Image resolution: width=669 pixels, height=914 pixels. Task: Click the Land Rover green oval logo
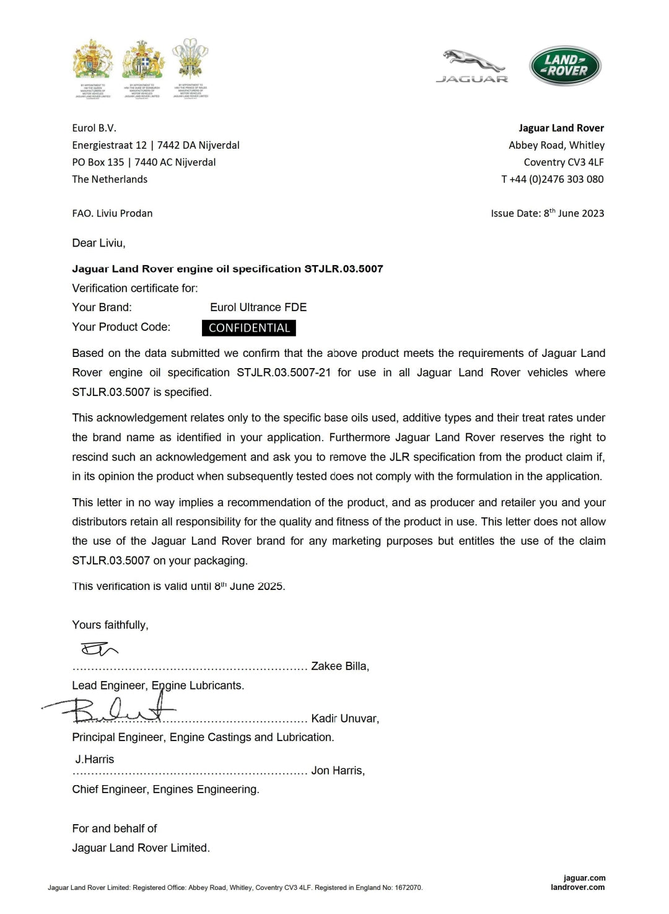point(565,66)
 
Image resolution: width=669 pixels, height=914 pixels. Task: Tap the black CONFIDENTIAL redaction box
point(249,328)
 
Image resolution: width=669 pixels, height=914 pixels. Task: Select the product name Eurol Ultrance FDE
point(258,307)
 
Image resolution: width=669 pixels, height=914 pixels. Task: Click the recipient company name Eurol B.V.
point(94,128)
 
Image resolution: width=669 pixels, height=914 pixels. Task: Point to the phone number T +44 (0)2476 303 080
point(553,179)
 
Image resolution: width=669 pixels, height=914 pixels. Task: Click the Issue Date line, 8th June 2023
point(548,213)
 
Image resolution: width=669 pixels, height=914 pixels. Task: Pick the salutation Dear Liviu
point(98,243)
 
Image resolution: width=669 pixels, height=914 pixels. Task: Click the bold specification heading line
point(227,269)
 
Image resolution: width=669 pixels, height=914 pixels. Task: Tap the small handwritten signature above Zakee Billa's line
point(98,649)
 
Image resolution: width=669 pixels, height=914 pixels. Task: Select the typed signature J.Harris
point(95,759)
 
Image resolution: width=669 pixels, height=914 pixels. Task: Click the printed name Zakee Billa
point(339,666)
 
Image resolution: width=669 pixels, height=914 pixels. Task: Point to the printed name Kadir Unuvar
point(344,718)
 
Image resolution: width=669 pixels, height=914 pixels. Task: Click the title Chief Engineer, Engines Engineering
point(165,789)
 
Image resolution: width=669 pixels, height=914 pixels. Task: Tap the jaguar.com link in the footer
point(584,877)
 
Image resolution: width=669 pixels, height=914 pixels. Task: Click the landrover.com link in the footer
point(577,887)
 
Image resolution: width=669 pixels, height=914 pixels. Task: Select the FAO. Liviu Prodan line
point(112,213)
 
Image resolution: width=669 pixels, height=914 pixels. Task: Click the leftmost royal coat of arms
point(93,59)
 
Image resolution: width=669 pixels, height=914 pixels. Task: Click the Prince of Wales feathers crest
point(190,58)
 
